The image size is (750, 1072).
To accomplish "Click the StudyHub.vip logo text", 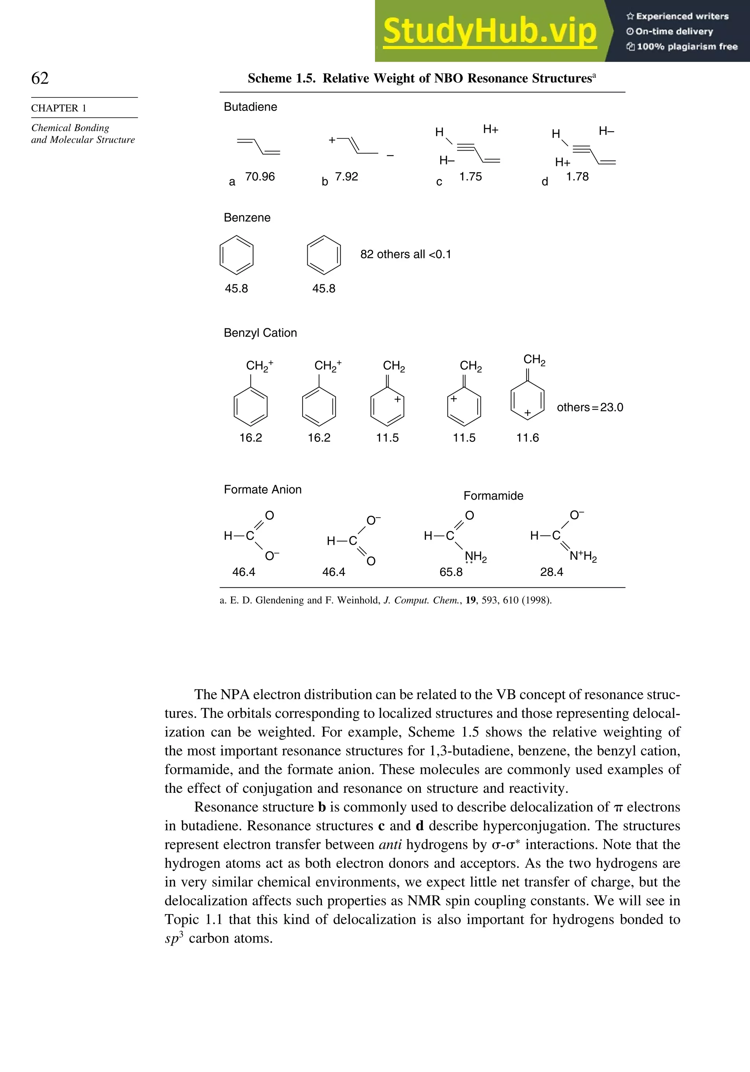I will [490, 31].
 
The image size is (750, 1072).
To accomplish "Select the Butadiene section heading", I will [250, 107].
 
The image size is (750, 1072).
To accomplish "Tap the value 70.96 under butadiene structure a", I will [260, 177].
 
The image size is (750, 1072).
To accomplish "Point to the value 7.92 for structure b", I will [346, 177].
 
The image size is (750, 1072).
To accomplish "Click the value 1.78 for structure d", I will [577, 177].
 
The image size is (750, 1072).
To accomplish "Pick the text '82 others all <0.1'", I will [405, 255].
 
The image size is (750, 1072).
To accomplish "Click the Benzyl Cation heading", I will [260, 333].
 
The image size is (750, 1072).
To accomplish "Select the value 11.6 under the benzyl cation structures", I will [527, 437].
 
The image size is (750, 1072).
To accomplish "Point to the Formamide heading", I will [493, 496].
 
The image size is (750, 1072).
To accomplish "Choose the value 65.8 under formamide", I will [451, 572].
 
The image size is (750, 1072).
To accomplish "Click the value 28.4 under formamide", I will [552, 572].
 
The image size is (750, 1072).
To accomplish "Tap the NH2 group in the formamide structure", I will [476, 557].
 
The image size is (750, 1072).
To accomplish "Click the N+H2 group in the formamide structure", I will [583, 556].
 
